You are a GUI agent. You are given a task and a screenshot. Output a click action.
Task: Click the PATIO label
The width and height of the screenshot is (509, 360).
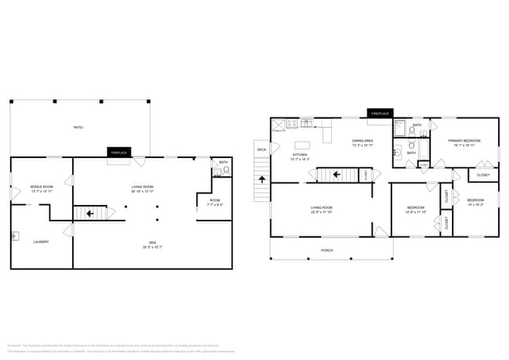coord(78,127)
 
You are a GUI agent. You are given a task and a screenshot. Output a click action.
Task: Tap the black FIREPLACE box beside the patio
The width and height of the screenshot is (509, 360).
coord(119,152)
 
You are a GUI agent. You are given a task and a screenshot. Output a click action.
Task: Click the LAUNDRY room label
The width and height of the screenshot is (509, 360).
coord(41,242)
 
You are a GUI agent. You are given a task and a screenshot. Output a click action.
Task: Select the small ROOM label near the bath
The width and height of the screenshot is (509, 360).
coord(215,201)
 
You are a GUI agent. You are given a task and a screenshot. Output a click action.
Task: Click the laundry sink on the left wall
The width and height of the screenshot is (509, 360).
coord(14,235)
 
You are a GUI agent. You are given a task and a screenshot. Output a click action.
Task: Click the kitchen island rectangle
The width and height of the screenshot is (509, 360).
coord(302,144)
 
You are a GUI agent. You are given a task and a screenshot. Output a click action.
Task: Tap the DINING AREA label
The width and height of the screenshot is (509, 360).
coord(363,142)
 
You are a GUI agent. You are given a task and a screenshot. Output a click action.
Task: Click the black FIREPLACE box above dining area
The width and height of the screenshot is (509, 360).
coord(379,113)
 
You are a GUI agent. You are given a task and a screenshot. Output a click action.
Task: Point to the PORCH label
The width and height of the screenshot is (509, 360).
coord(327,250)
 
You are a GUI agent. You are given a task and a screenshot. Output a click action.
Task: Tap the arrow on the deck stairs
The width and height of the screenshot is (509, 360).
coord(262,178)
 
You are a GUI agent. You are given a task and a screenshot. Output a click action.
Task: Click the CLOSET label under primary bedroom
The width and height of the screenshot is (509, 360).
coord(483,175)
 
